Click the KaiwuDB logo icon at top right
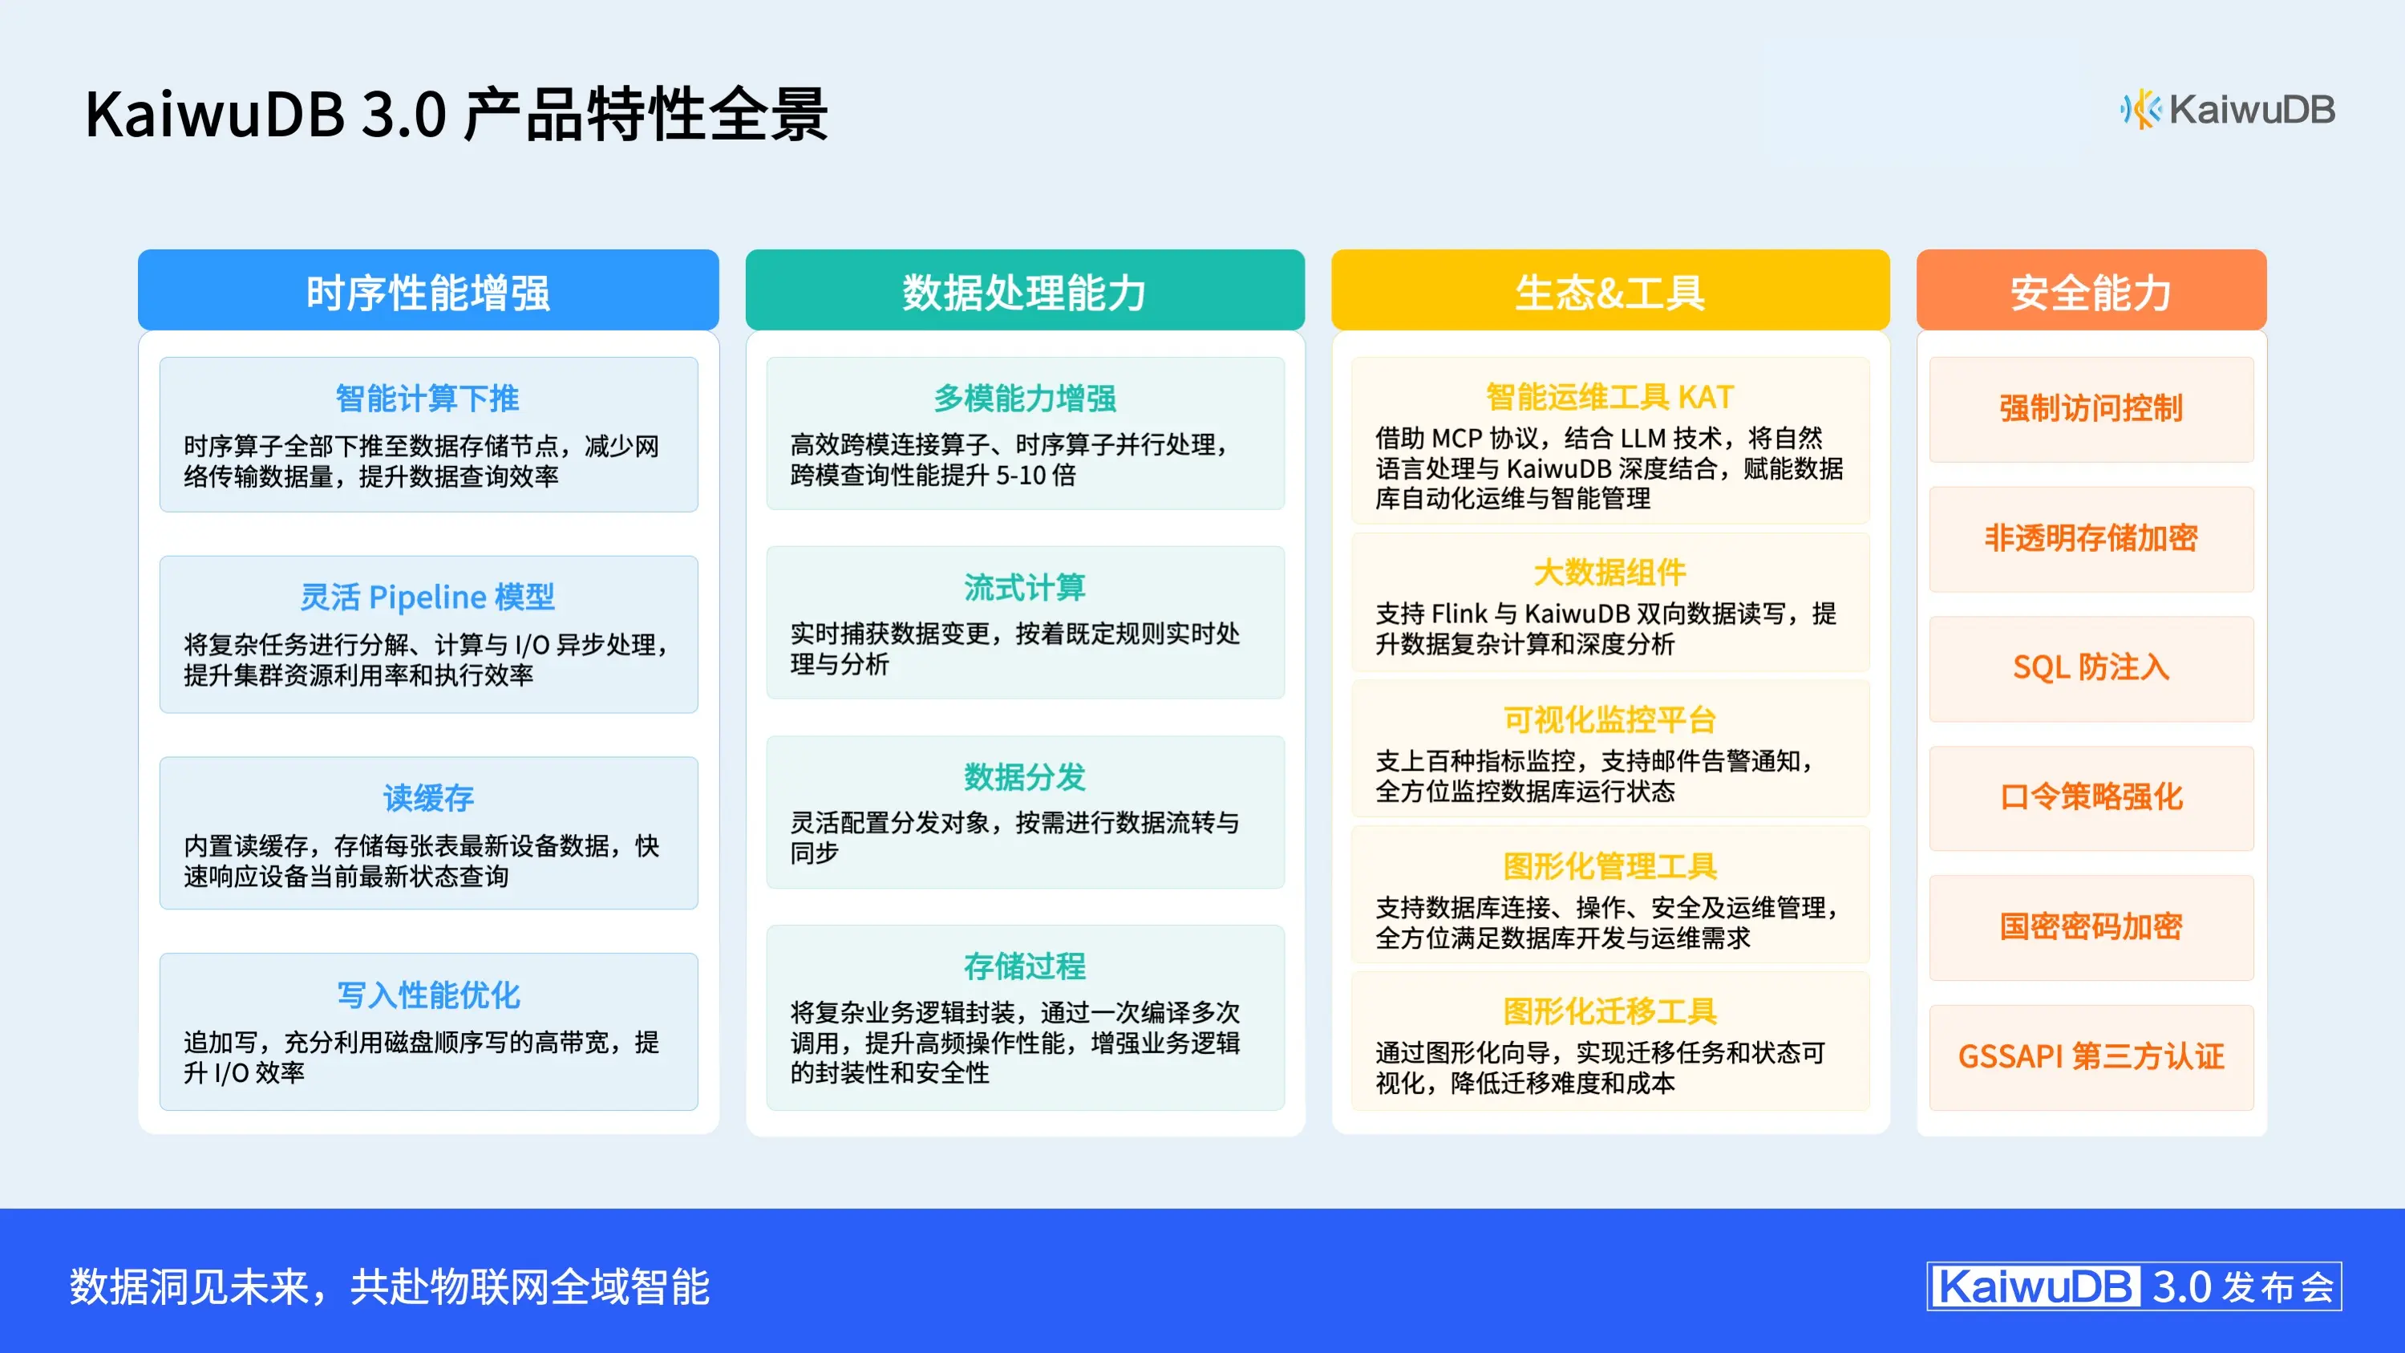(2140, 110)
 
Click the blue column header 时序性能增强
(427, 292)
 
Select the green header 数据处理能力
(1024, 292)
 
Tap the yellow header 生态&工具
(1609, 292)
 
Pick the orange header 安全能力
(2091, 292)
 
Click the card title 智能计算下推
(427, 399)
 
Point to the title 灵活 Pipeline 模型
(427, 597)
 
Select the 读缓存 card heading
(427, 798)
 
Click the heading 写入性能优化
(427, 995)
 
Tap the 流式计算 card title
(1024, 587)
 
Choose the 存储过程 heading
(1024, 966)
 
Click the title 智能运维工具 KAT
(1609, 397)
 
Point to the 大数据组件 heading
(1609, 573)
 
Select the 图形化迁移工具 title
(1609, 1011)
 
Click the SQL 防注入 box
(2091, 667)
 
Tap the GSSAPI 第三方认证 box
(2091, 1057)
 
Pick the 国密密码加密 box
(2091, 927)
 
